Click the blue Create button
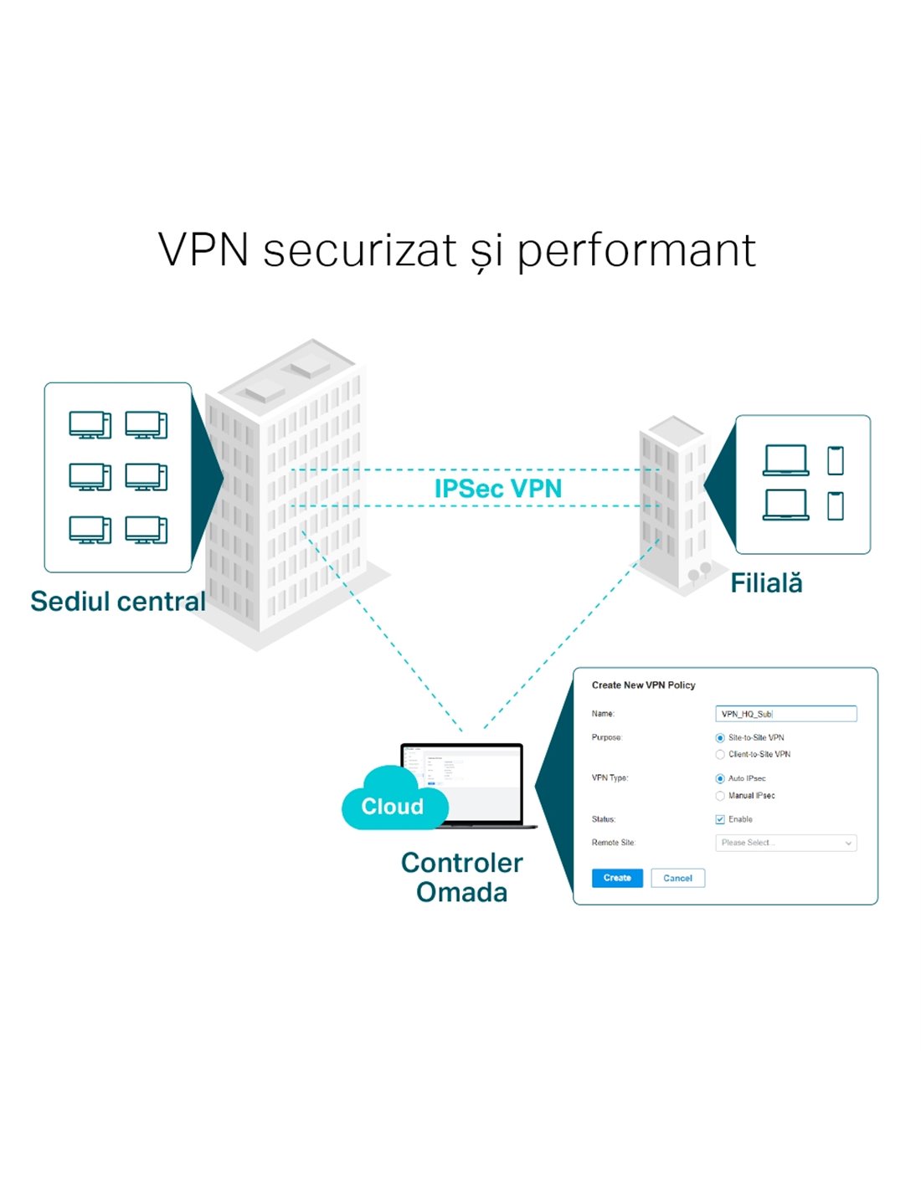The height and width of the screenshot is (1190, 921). [617, 878]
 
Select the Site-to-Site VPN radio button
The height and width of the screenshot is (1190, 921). [720, 738]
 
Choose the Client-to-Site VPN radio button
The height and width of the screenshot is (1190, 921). [720, 755]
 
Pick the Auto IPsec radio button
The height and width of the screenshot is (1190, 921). [720, 779]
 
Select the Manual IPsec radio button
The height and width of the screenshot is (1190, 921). [720, 796]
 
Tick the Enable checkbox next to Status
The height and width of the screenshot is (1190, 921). [720, 819]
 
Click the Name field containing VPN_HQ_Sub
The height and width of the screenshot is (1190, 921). [785, 714]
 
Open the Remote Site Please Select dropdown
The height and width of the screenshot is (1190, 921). [785, 843]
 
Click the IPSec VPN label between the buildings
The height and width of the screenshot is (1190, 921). [497, 489]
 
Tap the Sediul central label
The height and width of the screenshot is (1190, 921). [117, 601]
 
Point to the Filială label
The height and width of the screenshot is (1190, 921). [766, 583]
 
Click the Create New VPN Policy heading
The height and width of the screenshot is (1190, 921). [643, 685]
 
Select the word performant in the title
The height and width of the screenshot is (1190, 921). [636, 250]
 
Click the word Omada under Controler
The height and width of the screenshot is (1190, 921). [461, 893]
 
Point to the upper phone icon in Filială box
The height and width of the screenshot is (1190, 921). [835, 460]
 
